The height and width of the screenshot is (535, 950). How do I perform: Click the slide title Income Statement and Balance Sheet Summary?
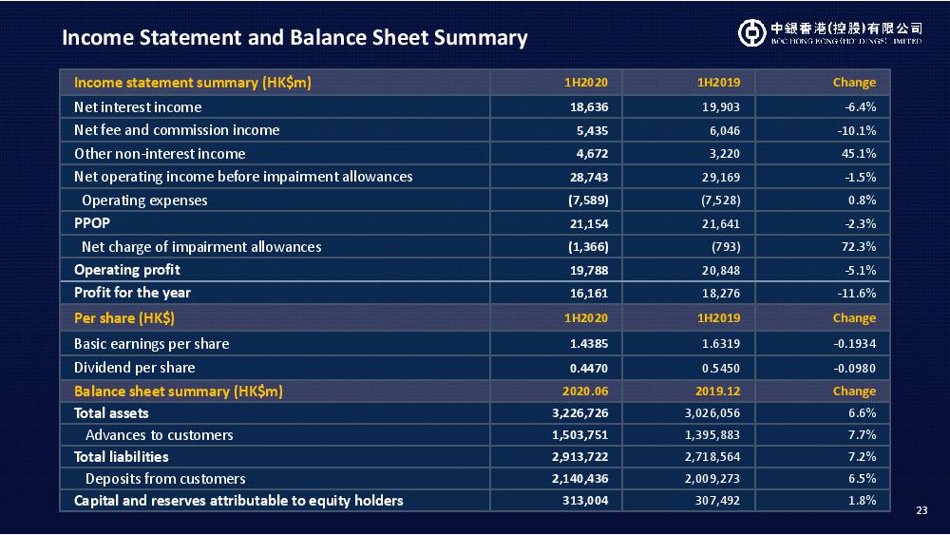coord(294,38)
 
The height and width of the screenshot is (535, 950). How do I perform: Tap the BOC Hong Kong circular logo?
coord(751,32)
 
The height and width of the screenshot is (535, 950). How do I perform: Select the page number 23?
coord(921,510)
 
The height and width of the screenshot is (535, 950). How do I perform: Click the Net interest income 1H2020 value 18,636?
coord(589,107)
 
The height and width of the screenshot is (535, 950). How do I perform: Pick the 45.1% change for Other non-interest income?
coord(859,154)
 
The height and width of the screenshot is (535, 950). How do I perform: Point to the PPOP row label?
coord(92,223)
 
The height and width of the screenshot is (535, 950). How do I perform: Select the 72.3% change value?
coord(859,247)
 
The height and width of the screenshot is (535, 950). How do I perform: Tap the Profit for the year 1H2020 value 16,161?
coord(589,294)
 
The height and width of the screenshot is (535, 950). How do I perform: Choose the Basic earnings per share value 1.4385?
coord(589,344)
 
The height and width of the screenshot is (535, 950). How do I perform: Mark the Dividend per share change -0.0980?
coord(854,369)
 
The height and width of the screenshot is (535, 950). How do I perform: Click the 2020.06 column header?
coord(585,392)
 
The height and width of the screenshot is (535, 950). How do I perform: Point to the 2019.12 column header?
coord(717,392)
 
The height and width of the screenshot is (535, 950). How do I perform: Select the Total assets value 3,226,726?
coord(579,413)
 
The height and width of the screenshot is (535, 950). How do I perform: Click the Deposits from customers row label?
coord(165,479)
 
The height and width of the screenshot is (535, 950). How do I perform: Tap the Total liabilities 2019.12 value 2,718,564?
coord(712,457)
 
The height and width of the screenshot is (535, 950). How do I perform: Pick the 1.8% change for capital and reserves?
coord(863,501)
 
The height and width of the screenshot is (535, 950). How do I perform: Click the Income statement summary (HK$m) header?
coord(193,83)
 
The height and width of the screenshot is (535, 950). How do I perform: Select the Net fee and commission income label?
coord(177,130)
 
